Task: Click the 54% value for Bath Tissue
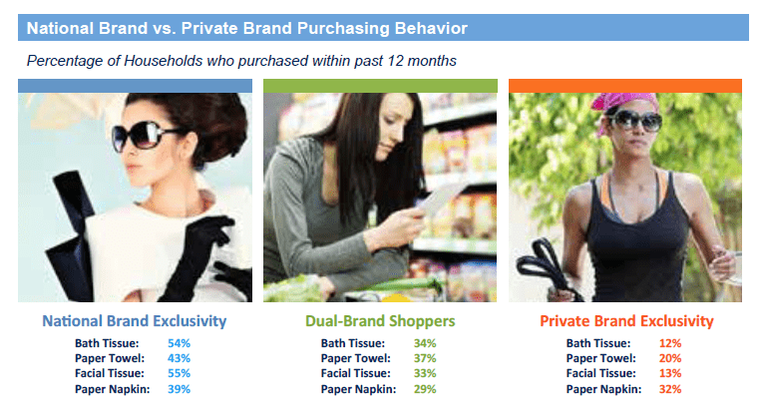coord(179,343)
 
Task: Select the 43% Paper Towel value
coord(179,358)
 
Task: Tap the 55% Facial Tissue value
coord(179,373)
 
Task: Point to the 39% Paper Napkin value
coord(179,389)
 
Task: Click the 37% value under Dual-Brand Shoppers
coord(425,358)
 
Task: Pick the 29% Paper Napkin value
coord(425,389)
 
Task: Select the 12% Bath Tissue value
coord(670,343)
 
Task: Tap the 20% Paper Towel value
coord(670,358)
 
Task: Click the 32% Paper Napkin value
coord(670,389)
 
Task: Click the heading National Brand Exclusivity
coord(135,321)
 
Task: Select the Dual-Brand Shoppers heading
coord(380,321)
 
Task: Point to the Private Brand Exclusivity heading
coord(626,321)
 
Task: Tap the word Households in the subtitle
coord(164,61)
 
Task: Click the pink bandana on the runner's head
coord(622,102)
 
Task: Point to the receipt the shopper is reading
coord(437,200)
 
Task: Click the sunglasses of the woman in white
coord(141,135)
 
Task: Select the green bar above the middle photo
coord(380,86)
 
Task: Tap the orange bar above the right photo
coord(625,86)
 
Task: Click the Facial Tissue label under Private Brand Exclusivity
coord(601,373)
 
